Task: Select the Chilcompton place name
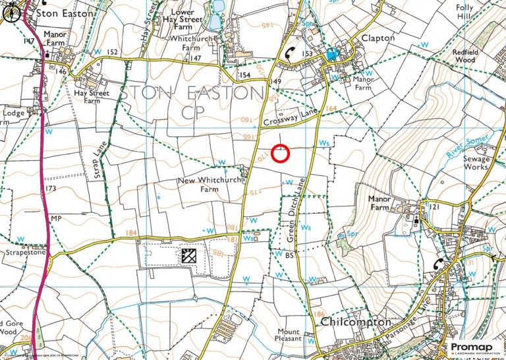pyautogui.click(x=356, y=322)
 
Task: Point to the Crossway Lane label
pyautogui.click(x=290, y=119)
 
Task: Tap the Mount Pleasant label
pyautogui.click(x=288, y=334)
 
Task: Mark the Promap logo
pyautogui.click(x=473, y=347)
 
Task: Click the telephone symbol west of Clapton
pyautogui.click(x=290, y=55)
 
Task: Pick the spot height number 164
pyautogui.click(x=331, y=108)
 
